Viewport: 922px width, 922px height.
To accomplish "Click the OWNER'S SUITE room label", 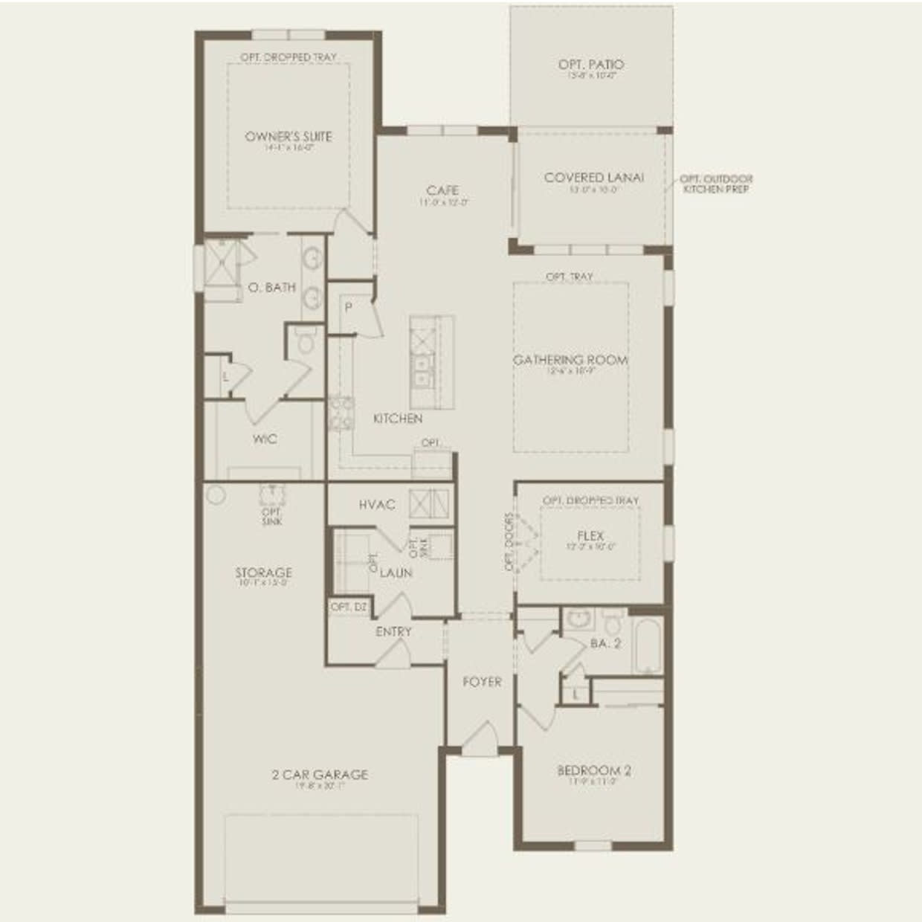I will point(288,137).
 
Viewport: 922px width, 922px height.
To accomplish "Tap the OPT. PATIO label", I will point(591,65).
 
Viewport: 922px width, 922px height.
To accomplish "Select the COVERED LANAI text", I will point(594,178).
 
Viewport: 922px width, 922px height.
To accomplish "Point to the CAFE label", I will point(442,190).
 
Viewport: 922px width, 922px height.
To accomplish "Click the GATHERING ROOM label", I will point(570,360).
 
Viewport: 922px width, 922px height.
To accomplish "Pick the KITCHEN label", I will point(398,419).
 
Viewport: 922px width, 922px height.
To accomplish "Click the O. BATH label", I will point(271,287).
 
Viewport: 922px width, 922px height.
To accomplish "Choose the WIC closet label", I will point(265,439).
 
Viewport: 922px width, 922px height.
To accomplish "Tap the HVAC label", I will point(377,505).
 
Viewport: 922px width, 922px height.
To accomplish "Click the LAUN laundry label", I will point(396,573).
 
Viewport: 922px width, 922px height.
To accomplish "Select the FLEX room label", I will point(590,535).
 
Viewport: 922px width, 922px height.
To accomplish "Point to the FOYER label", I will point(482,682).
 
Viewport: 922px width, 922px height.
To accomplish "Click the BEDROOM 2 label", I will point(594,770).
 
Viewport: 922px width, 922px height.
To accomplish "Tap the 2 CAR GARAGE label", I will point(320,775).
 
